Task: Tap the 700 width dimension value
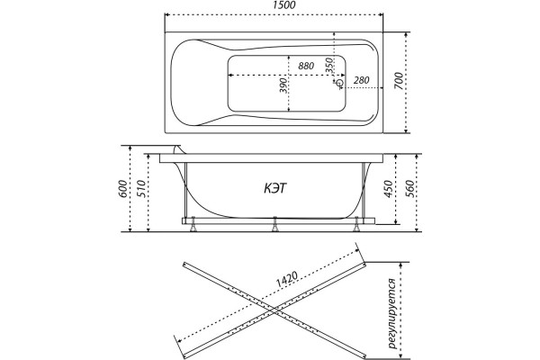[x=398, y=81]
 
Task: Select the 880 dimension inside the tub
[x=306, y=66]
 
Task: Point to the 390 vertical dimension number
[x=283, y=85]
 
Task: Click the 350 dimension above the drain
[x=329, y=65]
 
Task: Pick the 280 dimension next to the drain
[x=361, y=80]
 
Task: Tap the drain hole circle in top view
[x=340, y=83]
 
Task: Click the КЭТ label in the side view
[x=275, y=188]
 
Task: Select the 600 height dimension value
[x=123, y=188]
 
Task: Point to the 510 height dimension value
[x=142, y=188]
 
